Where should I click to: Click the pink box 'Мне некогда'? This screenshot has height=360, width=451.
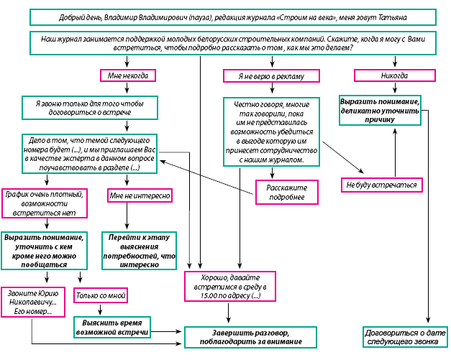(x=128, y=75)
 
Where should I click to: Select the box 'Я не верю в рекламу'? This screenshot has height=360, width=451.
(x=271, y=76)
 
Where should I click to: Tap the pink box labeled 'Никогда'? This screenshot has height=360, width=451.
(x=395, y=75)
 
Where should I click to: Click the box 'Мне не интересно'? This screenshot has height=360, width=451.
(x=140, y=195)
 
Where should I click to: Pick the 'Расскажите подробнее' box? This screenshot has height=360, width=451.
(x=287, y=192)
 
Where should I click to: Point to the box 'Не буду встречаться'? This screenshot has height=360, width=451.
(x=382, y=185)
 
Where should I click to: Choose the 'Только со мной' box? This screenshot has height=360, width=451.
(x=101, y=295)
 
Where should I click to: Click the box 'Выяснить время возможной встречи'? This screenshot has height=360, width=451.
(x=112, y=327)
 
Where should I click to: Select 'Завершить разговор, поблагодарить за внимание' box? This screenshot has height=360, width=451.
(x=250, y=337)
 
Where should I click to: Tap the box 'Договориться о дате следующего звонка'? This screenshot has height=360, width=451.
(x=405, y=337)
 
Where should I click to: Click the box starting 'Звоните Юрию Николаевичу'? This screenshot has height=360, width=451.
(x=33, y=302)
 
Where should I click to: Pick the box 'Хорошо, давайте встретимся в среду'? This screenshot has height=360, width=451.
(x=230, y=287)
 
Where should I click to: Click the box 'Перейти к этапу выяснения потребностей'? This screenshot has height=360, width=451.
(x=140, y=251)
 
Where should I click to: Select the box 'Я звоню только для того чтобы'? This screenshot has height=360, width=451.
(x=90, y=108)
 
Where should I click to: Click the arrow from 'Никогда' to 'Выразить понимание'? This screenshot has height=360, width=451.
(x=395, y=88)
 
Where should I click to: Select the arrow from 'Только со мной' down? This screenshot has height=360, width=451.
(x=100, y=310)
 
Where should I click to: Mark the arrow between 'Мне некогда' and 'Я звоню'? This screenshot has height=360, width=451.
(x=127, y=88)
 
